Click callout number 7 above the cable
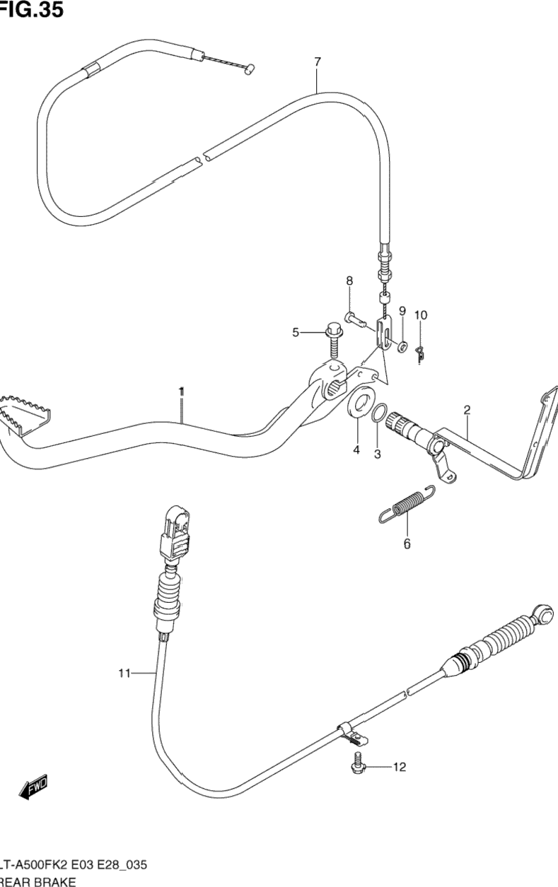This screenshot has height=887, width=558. point(318,62)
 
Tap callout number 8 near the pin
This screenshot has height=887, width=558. point(349,281)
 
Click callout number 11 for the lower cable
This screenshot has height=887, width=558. point(124,674)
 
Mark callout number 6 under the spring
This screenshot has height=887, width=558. point(407,544)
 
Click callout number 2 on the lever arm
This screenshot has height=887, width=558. point(467,409)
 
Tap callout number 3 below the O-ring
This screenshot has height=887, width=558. point(377,454)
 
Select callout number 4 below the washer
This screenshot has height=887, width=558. point(356,450)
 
